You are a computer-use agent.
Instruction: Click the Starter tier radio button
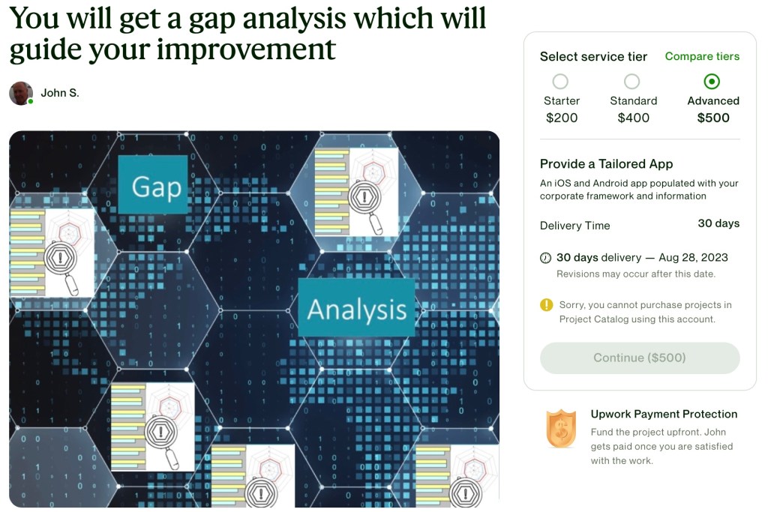[560, 81]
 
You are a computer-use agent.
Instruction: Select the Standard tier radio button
[631, 81]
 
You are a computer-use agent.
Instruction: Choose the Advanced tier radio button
[712, 81]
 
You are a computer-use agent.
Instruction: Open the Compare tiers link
[702, 56]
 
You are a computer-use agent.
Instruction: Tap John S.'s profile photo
[21, 93]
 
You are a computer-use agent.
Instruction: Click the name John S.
[60, 93]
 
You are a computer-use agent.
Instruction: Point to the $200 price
[562, 118]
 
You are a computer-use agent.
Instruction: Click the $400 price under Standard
[633, 118]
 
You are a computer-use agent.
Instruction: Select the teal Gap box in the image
[153, 184]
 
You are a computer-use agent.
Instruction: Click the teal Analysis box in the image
[356, 308]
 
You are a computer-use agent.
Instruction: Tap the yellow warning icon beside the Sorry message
[546, 305]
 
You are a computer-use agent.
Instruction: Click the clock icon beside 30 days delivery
[545, 258]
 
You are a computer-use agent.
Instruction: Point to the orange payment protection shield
[561, 429]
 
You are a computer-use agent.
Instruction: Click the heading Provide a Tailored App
[606, 164]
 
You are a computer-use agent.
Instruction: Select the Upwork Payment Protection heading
[664, 414]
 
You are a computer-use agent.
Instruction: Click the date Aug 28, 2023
[693, 257]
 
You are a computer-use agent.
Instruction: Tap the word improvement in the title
[246, 49]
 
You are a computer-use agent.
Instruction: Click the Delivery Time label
[575, 226]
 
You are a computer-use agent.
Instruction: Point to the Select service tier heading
[594, 57]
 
